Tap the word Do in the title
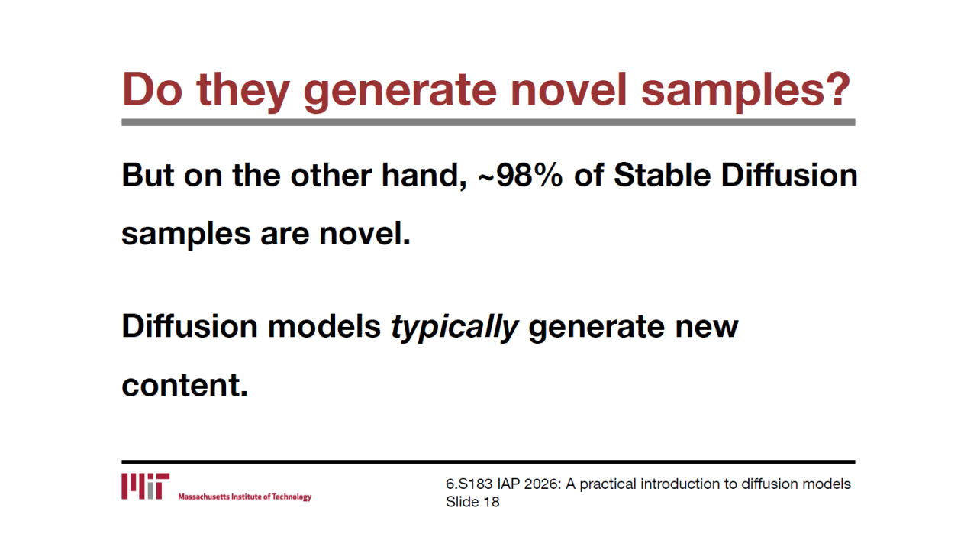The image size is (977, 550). click(152, 89)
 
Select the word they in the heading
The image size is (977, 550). click(243, 92)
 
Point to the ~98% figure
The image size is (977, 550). click(520, 176)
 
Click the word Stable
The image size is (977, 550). click(662, 175)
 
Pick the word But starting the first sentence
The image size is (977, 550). click(148, 175)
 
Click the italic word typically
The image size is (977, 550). click(454, 328)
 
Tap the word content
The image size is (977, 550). click(185, 385)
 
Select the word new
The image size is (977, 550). click(707, 327)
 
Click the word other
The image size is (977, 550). click(331, 175)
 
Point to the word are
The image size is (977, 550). click(285, 235)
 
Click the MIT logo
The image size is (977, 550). click(146, 487)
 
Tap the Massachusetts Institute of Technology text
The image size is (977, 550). click(245, 497)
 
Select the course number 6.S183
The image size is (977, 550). click(469, 484)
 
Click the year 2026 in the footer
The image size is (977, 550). click(541, 484)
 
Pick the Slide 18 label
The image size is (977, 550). click(472, 502)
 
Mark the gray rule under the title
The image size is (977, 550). click(488, 123)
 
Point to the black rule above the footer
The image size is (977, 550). click(488, 461)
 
